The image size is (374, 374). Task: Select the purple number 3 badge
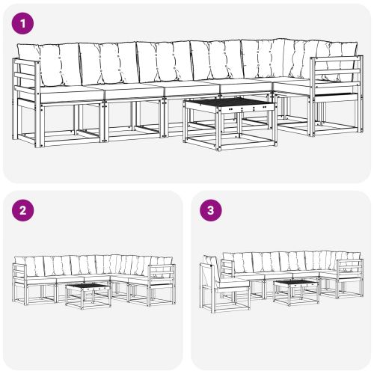(211, 210)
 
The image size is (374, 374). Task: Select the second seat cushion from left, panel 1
(130, 90)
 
